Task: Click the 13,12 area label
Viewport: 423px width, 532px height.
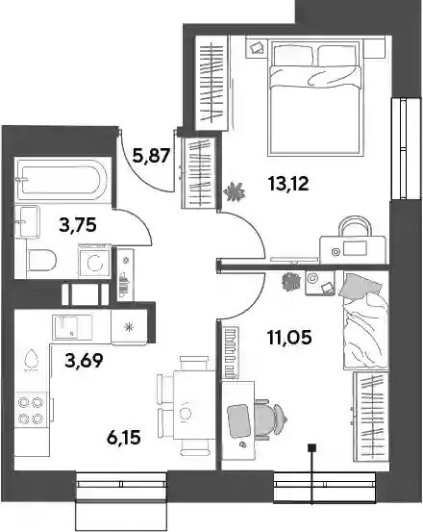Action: tap(288, 185)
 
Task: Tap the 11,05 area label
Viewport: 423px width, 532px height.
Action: tap(289, 338)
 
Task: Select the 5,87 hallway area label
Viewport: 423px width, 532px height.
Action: tap(151, 156)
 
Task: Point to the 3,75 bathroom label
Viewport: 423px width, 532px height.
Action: tap(78, 224)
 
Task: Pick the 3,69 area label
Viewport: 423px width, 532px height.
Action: tap(84, 361)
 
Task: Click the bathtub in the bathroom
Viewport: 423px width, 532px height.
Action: tap(63, 180)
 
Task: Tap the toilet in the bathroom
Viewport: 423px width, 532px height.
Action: tap(41, 261)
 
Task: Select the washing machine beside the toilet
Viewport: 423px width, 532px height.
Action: tap(94, 262)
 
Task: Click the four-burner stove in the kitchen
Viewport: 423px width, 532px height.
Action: tap(31, 409)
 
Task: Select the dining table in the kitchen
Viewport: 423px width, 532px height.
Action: tap(194, 410)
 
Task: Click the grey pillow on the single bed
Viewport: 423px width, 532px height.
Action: tap(360, 287)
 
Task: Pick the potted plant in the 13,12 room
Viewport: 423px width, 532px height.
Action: tap(235, 191)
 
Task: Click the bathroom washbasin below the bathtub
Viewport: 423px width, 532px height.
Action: tap(27, 222)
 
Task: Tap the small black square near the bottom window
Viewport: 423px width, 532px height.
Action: tap(311, 448)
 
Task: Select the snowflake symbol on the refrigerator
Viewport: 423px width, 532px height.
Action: tap(129, 327)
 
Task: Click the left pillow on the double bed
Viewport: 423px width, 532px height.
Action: tap(293, 55)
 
